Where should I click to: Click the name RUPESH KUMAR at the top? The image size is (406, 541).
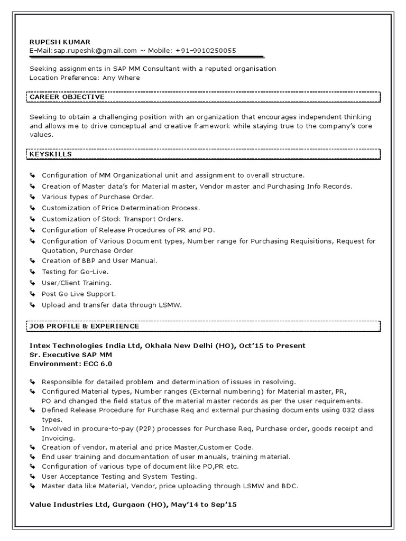(60, 42)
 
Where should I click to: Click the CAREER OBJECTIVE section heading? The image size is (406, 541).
(67, 97)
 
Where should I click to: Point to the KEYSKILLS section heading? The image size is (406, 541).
(51, 154)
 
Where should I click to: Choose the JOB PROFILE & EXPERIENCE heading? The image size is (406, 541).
(85, 326)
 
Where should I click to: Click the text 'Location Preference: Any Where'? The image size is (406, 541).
(85, 78)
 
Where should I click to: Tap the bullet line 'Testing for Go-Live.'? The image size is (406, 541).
(75, 272)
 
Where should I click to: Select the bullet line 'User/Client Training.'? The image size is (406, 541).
(77, 283)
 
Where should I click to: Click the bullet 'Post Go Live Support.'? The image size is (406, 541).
(79, 294)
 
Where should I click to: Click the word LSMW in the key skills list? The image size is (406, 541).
(170, 305)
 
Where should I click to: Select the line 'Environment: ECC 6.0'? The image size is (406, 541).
(71, 363)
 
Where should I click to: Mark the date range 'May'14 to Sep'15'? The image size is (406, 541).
(203, 505)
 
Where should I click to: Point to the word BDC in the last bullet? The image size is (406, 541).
(291, 486)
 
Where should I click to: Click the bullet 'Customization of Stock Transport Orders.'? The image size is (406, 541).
(112, 219)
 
